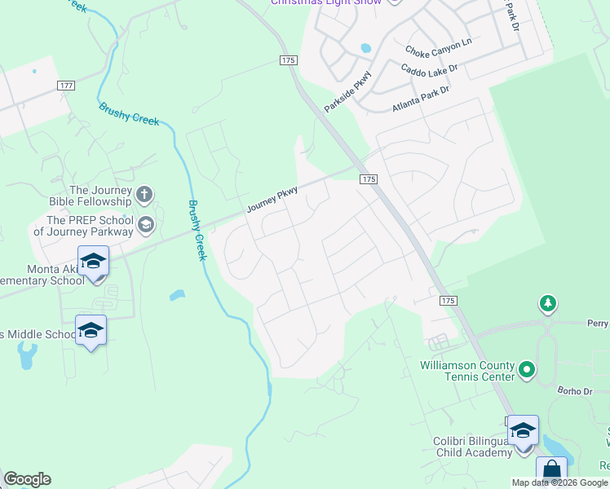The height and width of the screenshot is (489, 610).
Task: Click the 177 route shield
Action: [67, 86]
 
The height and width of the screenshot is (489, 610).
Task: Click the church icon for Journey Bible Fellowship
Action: [144, 194]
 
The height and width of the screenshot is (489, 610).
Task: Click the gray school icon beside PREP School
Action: [146, 224]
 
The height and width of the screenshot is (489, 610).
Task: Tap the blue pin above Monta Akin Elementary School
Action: [93, 262]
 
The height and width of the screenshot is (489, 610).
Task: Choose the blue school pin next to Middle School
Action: [91, 330]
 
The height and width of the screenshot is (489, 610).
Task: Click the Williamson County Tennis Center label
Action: [467, 370]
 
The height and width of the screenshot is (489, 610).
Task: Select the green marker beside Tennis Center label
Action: [527, 370]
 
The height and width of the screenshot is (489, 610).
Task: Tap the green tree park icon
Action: [548, 305]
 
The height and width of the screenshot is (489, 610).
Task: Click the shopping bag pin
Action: [551, 470]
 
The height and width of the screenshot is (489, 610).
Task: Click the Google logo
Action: [27, 479]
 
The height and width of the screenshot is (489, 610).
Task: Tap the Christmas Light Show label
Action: [326, 2]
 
